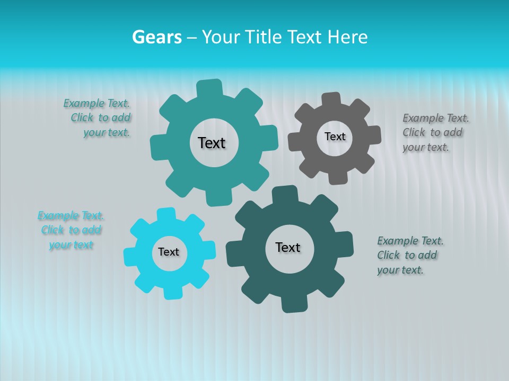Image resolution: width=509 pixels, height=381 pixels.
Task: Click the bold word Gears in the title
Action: click(x=156, y=37)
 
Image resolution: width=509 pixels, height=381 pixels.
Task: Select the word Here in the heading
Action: click(x=347, y=37)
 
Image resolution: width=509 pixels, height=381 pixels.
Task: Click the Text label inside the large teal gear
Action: click(x=212, y=143)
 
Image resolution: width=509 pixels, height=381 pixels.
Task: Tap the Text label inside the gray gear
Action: click(x=335, y=137)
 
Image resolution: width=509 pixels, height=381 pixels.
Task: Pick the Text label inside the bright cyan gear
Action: click(x=169, y=252)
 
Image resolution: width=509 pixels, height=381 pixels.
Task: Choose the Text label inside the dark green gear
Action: click(x=288, y=247)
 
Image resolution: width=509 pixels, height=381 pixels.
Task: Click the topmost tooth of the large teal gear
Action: click(x=209, y=88)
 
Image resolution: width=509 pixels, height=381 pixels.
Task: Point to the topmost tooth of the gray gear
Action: click(x=331, y=100)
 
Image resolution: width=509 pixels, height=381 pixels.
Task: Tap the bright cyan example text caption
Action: click(x=71, y=230)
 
